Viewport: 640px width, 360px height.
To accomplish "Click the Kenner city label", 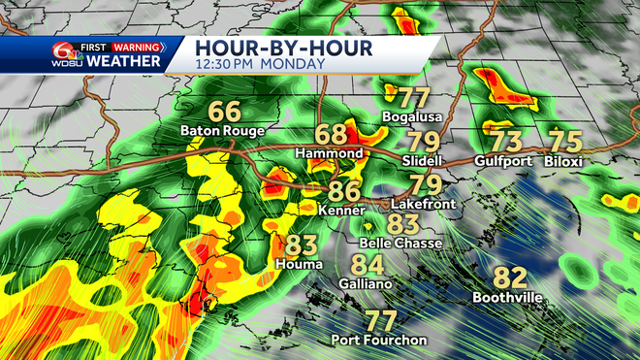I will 345,210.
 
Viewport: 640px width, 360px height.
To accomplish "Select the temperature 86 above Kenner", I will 345,191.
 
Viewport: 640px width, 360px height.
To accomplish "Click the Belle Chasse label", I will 400,243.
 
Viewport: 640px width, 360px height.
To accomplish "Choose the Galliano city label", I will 368,284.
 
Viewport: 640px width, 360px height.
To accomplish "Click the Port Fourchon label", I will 379,340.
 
